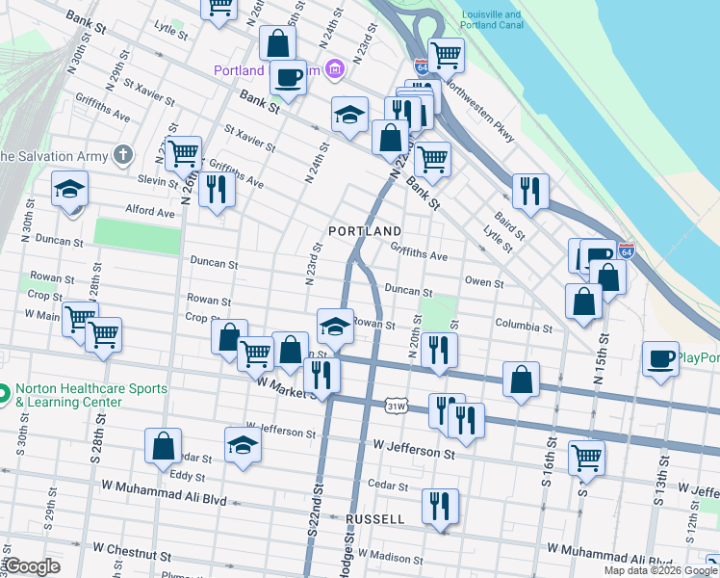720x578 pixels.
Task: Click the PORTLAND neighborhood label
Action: (364, 232)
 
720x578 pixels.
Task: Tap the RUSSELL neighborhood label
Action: (373, 519)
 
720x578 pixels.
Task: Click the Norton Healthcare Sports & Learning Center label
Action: (91, 396)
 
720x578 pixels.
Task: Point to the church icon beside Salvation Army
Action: (122, 154)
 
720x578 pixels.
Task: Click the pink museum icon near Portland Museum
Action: (334, 68)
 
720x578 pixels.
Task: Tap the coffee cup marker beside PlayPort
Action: (660, 359)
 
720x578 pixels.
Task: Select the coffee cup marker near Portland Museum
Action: (287, 76)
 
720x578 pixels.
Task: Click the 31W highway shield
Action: (396, 407)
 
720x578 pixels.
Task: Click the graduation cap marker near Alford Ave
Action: (69, 189)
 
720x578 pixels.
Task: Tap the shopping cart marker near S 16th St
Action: (586, 458)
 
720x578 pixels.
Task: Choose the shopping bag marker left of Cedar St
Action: (163, 445)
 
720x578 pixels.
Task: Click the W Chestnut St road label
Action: (134, 557)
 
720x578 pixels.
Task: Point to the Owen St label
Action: (484, 283)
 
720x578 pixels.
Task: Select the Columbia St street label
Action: (524, 328)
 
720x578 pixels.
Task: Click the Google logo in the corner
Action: (32, 566)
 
